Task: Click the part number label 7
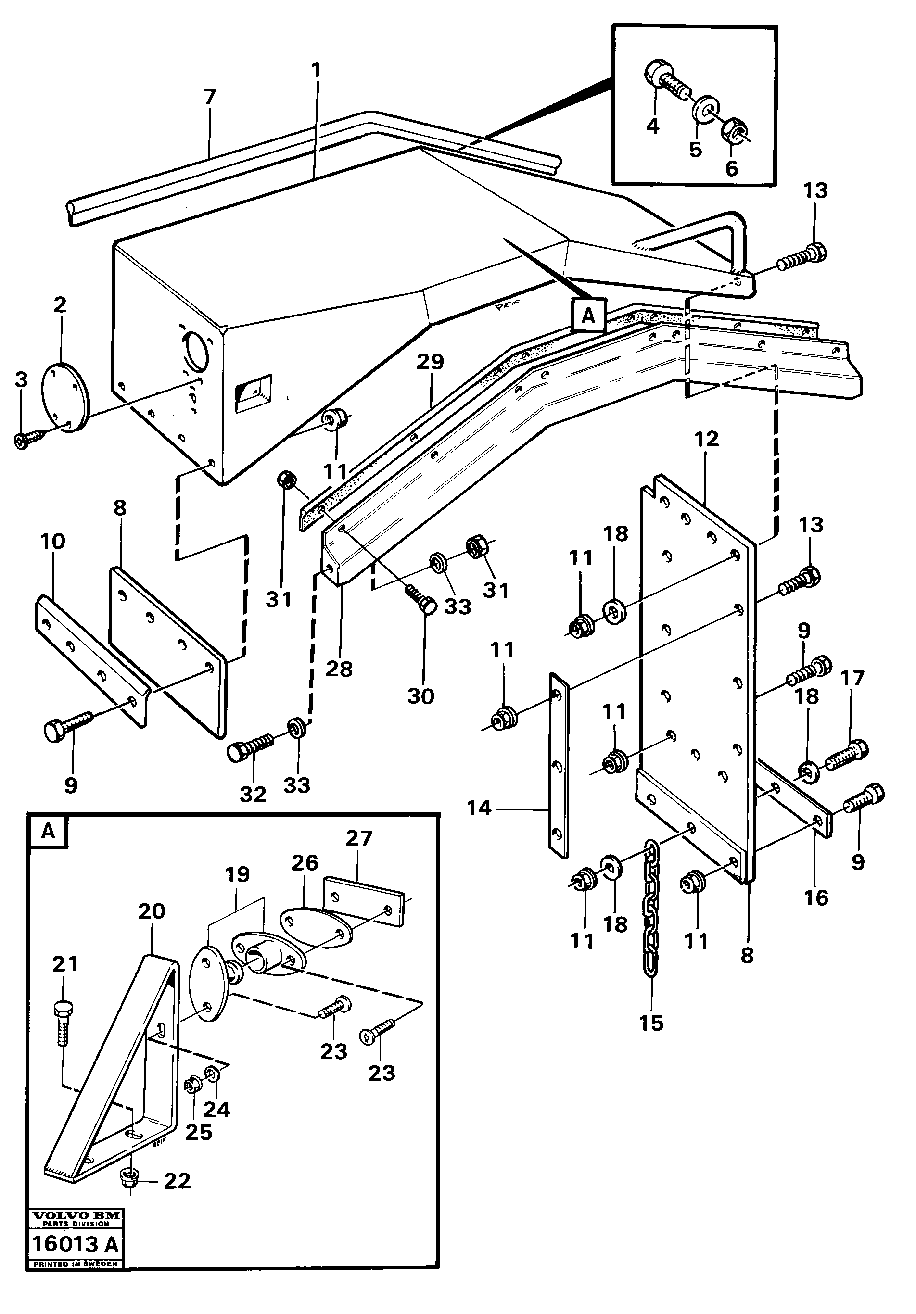pyautogui.click(x=210, y=98)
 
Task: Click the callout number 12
pyautogui.click(x=706, y=440)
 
